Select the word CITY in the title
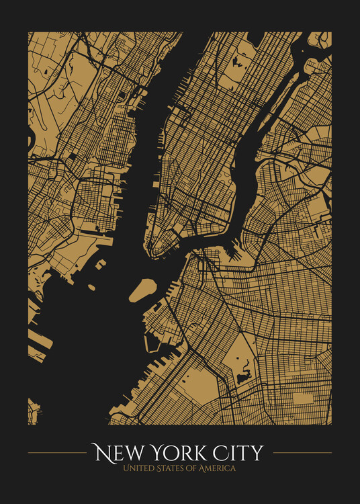coord(239,453)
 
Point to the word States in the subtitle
coord(171,468)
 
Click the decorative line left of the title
coord(57,453)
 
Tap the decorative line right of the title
coord(302,453)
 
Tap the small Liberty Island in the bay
coord(91,288)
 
